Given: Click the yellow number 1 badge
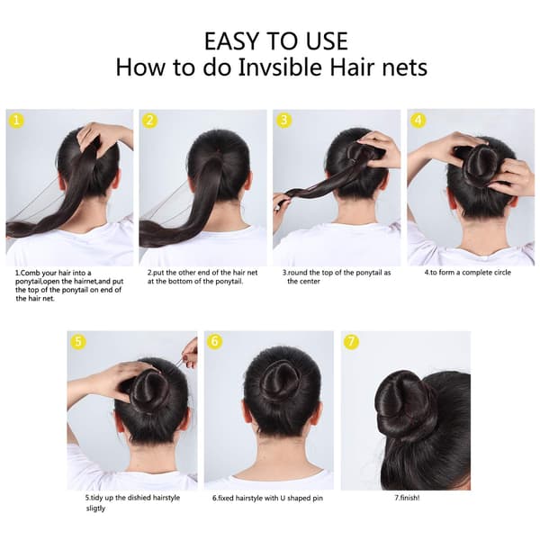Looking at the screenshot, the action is (16, 121).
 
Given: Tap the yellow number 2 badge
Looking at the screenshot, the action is (149, 121).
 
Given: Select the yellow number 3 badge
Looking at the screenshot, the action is (284, 121).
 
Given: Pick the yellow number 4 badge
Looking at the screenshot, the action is (418, 121).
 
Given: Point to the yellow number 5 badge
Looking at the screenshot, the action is (78, 342).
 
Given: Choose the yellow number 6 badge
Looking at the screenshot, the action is (215, 342).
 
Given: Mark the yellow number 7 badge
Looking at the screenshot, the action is (351, 342).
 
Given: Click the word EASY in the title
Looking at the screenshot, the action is (230, 41).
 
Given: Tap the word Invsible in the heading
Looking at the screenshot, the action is (280, 67).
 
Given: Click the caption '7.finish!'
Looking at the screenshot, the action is (407, 498).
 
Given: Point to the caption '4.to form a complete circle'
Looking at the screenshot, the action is (467, 273).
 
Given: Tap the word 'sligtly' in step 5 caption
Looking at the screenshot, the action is (95, 508).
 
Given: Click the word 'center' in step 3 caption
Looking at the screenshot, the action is (310, 282).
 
